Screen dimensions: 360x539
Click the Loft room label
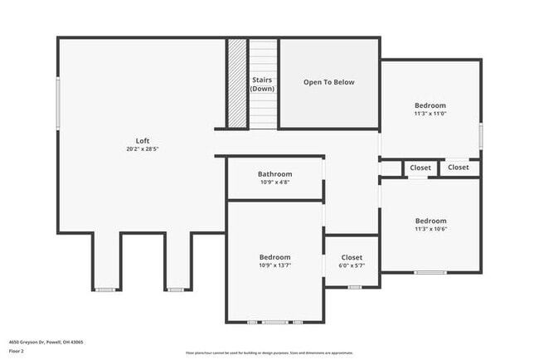(143, 140)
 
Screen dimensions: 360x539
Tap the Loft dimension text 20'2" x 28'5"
(143, 149)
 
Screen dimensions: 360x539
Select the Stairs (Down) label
(263, 84)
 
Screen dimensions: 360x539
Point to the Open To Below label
(328, 82)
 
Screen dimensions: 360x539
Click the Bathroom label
(274, 174)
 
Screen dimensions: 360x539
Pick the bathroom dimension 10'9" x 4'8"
(274, 182)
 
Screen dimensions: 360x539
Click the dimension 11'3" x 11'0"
(430, 114)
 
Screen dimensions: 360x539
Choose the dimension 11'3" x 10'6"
(430, 230)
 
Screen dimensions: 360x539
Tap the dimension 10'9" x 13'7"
(274, 266)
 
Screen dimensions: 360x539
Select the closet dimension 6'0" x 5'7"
(352, 266)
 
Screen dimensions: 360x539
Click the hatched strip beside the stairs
(238, 83)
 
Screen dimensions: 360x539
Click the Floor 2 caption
(17, 350)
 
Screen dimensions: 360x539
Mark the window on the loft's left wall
(58, 103)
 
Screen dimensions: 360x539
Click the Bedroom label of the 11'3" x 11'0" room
(430, 105)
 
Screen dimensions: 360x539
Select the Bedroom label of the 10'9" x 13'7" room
(274, 257)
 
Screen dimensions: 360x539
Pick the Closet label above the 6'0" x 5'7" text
(352, 257)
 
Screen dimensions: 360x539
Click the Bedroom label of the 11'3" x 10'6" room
(430, 221)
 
